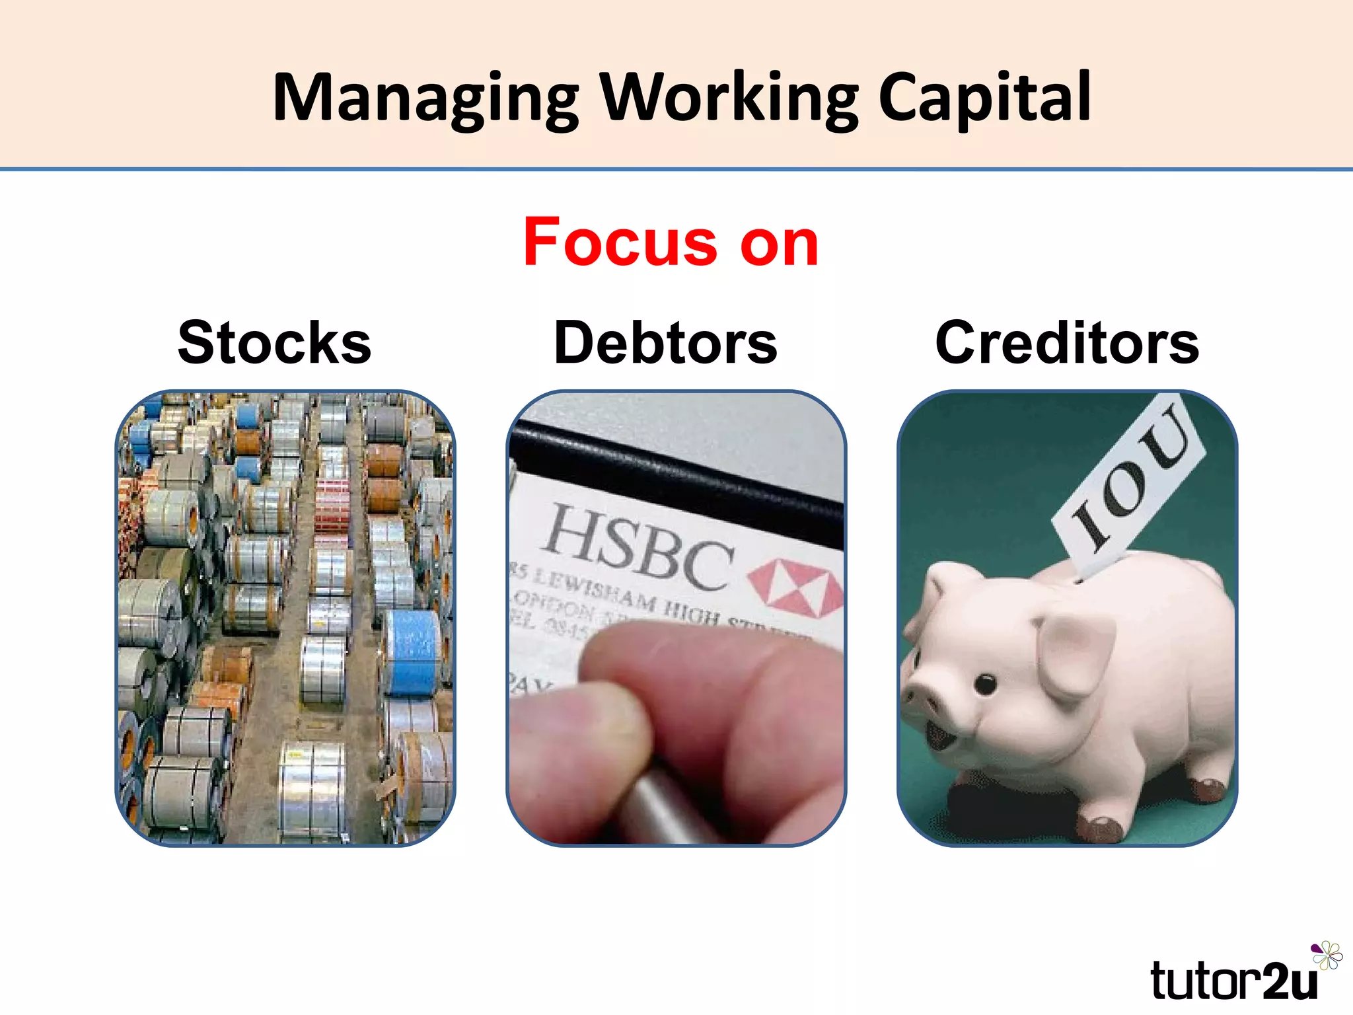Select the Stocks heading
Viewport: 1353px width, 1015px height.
coord(274,342)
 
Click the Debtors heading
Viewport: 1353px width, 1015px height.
coord(665,342)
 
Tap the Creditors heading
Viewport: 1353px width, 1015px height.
coord(1066,342)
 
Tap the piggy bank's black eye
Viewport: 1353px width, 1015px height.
coord(986,685)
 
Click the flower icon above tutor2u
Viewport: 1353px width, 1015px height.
coord(1327,956)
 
